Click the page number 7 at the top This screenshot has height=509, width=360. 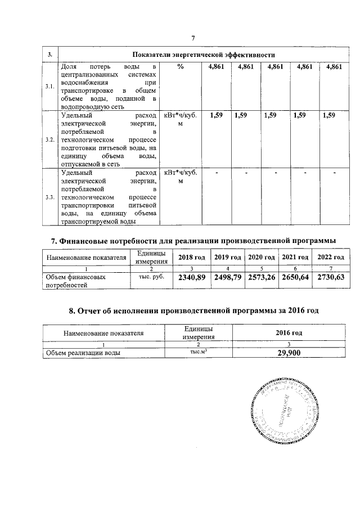tap(193, 38)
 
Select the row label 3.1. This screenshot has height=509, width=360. tap(50, 87)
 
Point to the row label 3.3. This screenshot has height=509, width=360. tap(50, 197)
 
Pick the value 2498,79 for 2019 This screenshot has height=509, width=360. tap(227, 277)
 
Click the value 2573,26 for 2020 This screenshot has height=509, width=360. tap(262, 277)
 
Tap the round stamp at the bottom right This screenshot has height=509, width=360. tap(283, 412)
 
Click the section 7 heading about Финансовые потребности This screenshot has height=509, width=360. tap(193, 241)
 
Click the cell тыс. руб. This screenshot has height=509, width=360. tap(150, 277)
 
